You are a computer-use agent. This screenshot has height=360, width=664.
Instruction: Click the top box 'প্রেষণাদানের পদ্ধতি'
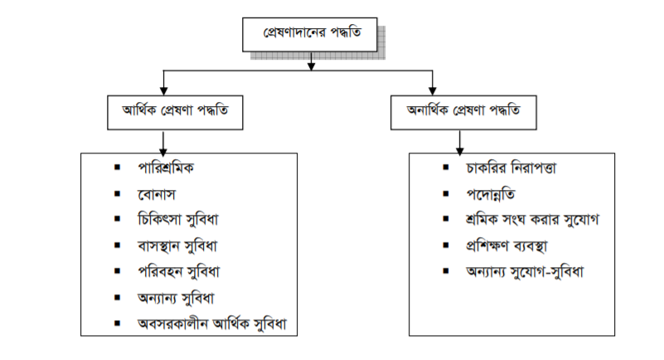click(312, 36)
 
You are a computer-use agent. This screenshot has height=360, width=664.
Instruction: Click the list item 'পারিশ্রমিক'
click(172, 168)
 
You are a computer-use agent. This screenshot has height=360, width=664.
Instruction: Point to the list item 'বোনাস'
click(158, 194)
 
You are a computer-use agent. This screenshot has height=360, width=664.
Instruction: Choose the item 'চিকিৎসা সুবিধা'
click(183, 220)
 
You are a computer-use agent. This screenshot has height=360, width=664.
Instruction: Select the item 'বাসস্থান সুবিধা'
click(183, 246)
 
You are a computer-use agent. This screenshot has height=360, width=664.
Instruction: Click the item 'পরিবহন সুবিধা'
click(183, 271)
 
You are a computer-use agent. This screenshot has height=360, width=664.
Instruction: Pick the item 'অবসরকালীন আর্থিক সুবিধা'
click(216, 323)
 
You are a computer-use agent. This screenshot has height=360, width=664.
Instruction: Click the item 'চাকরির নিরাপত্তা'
click(511, 168)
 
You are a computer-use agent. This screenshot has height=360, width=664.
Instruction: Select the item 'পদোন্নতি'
click(492, 194)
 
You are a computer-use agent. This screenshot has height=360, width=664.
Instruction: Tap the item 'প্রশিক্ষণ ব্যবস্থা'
click(509, 246)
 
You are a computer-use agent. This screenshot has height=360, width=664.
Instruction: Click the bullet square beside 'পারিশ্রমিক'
click(118, 168)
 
